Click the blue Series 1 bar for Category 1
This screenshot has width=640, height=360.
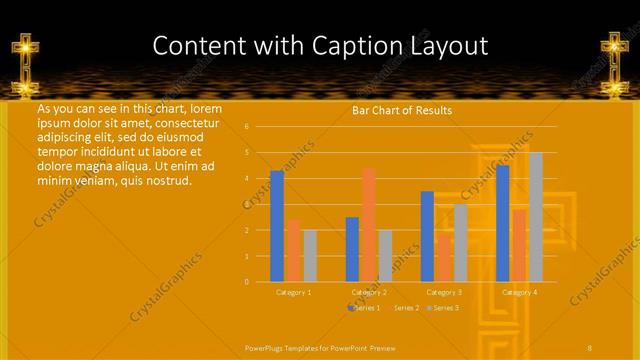pyautogui.click(x=277, y=226)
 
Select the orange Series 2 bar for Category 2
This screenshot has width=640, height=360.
pyautogui.click(x=369, y=224)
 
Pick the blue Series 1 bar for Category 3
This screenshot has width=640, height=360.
pyautogui.click(x=427, y=236)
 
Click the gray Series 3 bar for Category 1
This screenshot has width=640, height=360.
pyautogui.click(x=310, y=255)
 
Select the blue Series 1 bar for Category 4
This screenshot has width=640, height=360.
pyautogui.click(x=502, y=223)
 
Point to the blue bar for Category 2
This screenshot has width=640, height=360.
pyautogui.click(x=352, y=249)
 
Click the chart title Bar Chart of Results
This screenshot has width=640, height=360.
pyautogui.click(x=402, y=110)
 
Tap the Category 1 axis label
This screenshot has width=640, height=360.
pyautogui.click(x=293, y=292)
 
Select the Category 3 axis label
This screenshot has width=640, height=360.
pyautogui.click(x=444, y=292)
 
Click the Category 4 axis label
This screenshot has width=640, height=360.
pyautogui.click(x=519, y=292)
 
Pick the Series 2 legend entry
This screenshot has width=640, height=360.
pyautogui.click(x=405, y=308)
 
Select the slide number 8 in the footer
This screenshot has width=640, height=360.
pyautogui.click(x=590, y=347)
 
